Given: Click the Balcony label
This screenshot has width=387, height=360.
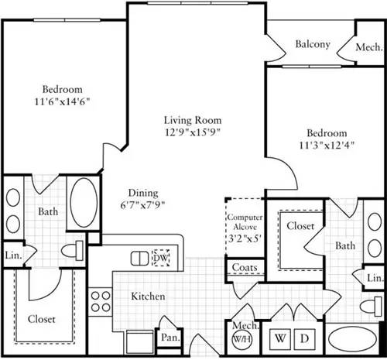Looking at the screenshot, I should click(313, 44).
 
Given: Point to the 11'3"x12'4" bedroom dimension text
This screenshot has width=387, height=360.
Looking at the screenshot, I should click(327, 145).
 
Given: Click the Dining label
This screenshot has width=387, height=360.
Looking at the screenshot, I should click(143, 193).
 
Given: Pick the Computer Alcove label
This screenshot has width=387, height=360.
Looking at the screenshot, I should click(244, 224).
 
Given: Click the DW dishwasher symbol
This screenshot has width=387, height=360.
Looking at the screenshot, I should click(160, 257).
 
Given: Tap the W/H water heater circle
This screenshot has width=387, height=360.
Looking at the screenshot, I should click(241, 339).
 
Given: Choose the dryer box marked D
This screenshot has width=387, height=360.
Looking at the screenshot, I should click(304, 339).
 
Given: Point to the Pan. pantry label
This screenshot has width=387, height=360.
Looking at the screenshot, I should click(170, 337).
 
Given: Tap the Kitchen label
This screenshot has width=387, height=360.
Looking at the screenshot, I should click(146, 296).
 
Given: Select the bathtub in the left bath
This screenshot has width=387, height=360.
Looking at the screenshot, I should click(80, 202).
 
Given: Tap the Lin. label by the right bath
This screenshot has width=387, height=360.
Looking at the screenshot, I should click(374, 277).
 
